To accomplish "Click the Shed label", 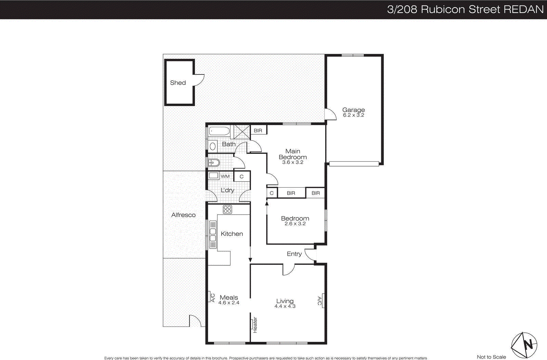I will (x=178, y=83).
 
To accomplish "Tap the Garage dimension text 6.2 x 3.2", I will (x=353, y=115).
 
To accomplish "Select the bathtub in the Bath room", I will (x=219, y=131).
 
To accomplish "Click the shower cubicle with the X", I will (x=242, y=132).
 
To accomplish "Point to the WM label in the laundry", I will (x=225, y=176).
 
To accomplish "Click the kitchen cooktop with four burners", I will (x=227, y=209).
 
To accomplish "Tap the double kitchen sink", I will (x=213, y=235).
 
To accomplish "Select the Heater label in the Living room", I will (x=255, y=325).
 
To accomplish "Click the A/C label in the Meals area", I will (x=212, y=297).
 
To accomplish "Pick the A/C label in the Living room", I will (x=319, y=301).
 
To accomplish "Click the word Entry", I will (x=294, y=254).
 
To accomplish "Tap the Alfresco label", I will (x=183, y=215).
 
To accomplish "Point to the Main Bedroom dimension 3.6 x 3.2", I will (x=293, y=162).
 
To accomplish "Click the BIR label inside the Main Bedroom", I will (x=258, y=131).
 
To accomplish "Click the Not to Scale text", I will (x=491, y=357).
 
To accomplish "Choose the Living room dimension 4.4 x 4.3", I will (x=285, y=306).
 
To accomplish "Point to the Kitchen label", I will (x=232, y=234).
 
